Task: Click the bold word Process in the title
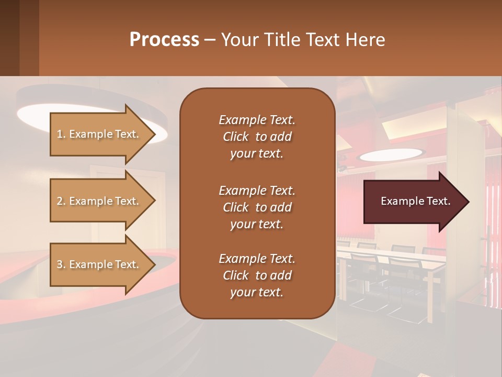[164, 40]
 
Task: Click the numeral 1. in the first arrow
[61, 134]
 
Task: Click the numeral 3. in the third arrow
[61, 264]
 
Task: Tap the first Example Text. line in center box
[257, 120]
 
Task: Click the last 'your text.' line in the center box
[257, 293]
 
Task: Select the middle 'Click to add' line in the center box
[257, 207]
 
